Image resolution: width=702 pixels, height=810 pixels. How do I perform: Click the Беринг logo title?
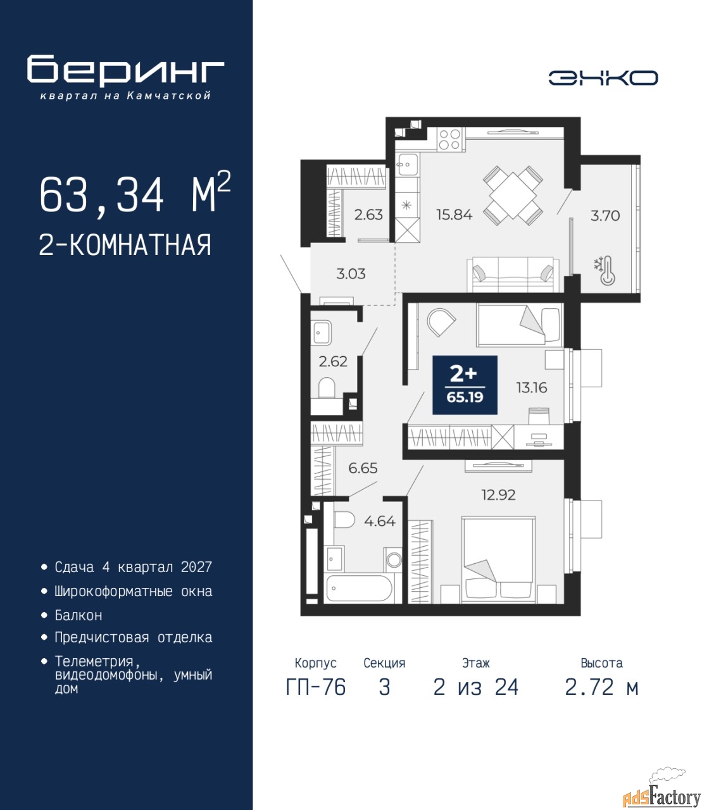[x=125, y=70]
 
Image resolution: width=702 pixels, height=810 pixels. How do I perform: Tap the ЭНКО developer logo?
[x=603, y=78]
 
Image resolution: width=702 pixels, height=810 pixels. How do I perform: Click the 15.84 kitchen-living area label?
[x=454, y=215]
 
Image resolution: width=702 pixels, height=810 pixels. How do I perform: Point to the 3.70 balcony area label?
[x=605, y=216]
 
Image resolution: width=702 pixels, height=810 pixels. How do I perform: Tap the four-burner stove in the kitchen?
[x=449, y=139]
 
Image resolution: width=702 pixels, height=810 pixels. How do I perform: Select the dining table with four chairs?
[x=513, y=195]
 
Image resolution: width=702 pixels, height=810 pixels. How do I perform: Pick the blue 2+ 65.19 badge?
[x=465, y=385]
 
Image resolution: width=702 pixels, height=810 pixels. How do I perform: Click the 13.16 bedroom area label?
[x=532, y=387]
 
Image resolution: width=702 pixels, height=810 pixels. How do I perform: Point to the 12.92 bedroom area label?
[x=498, y=495]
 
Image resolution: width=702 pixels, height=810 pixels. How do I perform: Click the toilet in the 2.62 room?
[x=327, y=387]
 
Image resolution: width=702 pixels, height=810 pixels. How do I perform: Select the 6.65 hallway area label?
[x=363, y=468]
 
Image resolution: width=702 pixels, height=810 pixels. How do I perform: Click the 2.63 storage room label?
[x=368, y=215]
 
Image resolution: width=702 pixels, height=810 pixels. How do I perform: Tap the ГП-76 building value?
[x=315, y=687]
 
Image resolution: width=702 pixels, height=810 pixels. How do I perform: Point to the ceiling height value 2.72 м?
[x=601, y=687]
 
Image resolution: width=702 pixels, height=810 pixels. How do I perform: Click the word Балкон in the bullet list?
[x=78, y=616]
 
